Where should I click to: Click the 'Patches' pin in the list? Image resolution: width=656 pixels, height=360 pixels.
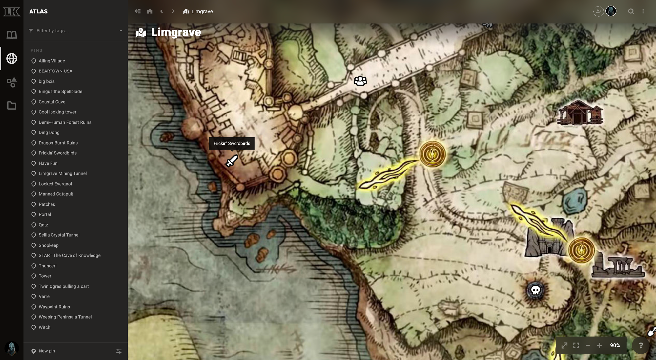tap(47, 204)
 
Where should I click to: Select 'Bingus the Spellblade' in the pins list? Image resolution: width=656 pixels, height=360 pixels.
tap(60, 91)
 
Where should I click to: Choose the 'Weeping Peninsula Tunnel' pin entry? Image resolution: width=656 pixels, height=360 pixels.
tap(65, 317)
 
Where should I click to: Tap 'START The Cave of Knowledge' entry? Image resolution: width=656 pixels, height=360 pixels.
tap(70, 255)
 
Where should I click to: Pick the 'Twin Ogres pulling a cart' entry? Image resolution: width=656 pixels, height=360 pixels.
tap(64, 286)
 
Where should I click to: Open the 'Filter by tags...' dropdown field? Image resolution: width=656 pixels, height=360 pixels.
tap(75, 31)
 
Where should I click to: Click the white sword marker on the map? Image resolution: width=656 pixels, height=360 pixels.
tap(232, 161)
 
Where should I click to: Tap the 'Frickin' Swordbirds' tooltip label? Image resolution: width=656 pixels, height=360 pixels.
tap(232, 143)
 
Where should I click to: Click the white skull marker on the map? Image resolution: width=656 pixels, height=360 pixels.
tap(536, 290)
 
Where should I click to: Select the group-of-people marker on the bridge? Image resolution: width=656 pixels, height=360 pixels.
tap(360, 81)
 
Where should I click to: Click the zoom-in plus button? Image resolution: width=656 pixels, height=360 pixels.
tap(599, 345)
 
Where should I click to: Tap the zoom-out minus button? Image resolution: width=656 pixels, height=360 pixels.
tap(588, 345)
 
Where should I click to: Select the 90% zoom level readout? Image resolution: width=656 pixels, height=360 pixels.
tap(615, 345)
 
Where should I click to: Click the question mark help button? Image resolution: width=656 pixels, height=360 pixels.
tap(641, 345)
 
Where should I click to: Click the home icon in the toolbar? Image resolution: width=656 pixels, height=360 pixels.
tap(150, 11)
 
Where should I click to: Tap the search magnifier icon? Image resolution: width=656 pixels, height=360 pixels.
tap(631, 11)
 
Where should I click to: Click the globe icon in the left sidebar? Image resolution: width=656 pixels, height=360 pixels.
tap(12, 58)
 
